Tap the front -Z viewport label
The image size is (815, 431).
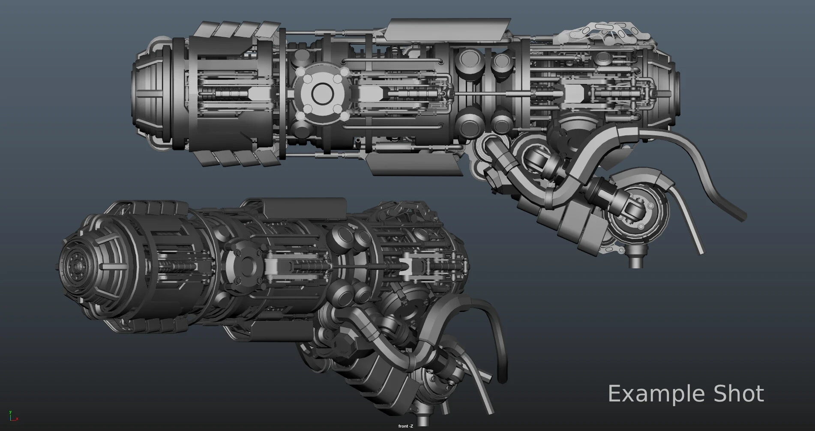pos(405,426)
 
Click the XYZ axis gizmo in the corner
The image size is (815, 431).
pos(13,415)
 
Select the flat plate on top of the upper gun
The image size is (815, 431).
pos(448,28)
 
